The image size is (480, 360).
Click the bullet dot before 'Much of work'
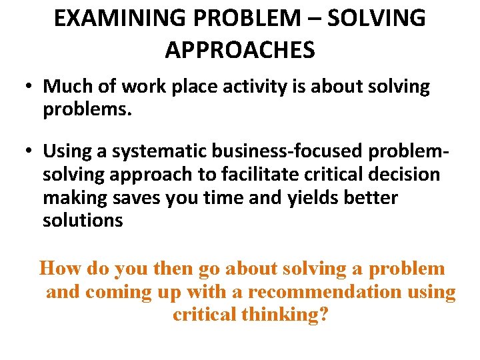click(31, 87)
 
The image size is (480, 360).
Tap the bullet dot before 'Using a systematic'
click(31, 153)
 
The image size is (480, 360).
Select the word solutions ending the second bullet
click(83, 220)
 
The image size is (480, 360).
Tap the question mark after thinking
click(323, 314)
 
